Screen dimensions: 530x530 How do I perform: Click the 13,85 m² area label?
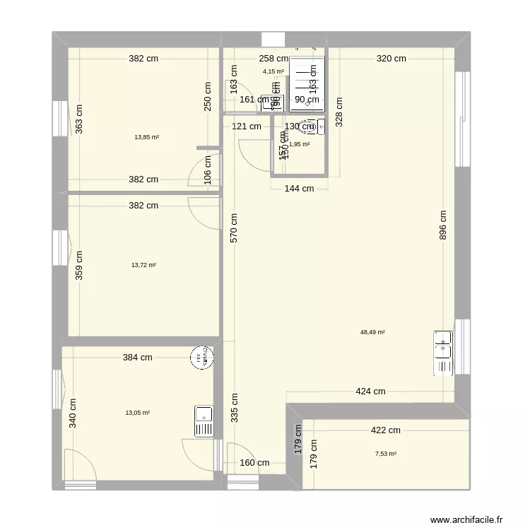click(x=147, y=137)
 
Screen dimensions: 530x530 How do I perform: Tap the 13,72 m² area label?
click(x=143, y=265)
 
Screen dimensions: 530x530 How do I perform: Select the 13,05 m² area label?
click(x=137, y=413)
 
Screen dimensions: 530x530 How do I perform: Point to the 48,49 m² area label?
click(x=372, y=331)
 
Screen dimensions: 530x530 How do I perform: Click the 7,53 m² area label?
click(x=386, y=454)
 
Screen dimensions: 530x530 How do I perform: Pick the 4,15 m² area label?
click(x=273, y=71)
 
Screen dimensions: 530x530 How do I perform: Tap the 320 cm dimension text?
click(x=391, y=59)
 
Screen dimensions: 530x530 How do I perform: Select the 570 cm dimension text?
click(x=234, y=228)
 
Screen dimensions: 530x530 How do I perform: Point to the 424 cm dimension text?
click(x=370, y=391)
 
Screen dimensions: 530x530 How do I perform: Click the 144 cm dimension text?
click(x=299, y=189)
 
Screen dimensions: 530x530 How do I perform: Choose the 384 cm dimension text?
click(x=138, y=358)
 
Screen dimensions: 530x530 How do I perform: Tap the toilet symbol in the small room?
click(x=310, y=127)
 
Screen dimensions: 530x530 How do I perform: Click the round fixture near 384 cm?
click(x=201, y=358)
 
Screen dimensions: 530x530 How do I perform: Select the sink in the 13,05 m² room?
click(x=204, y=422)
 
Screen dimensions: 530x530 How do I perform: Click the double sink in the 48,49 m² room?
click(x=442, y=351)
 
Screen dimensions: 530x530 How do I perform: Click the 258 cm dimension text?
click(x=273, y=59)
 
